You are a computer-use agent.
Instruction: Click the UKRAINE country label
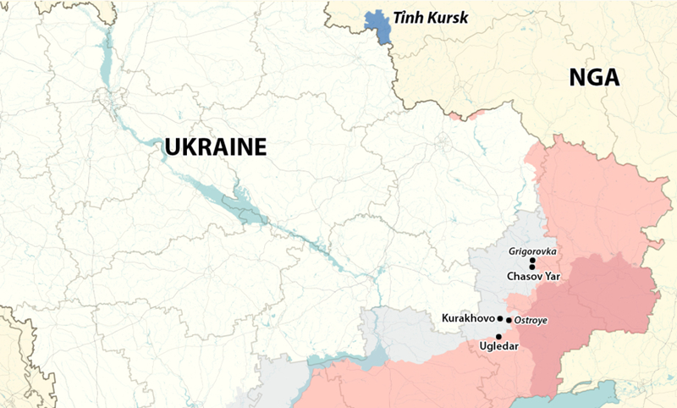216,147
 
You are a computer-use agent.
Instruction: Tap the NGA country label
594,79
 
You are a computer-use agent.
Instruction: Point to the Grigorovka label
532,251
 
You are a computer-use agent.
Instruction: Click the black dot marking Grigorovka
532,261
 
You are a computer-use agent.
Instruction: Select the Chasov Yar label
533,276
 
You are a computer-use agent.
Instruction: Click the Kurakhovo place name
469,318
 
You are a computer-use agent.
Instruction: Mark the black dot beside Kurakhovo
500,319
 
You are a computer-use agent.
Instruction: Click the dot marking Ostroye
509,320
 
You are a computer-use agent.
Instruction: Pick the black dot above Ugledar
498,336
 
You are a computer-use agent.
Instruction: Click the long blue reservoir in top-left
106,59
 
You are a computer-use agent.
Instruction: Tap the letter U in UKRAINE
173,147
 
